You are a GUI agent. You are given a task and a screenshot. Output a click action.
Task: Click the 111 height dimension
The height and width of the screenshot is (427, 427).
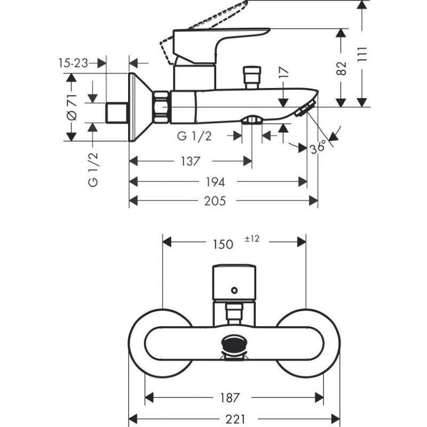(x=363, y=53)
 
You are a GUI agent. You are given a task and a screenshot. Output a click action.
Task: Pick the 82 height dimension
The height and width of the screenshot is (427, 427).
(x=342, y=67)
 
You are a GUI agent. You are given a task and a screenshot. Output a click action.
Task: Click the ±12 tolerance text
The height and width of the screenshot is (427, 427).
(x=252, y=239)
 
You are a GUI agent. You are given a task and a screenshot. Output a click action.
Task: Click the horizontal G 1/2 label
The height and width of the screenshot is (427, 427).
(x=194, y=136)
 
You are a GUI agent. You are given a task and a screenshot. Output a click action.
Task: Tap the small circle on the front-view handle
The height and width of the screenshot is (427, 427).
(x=233, y=290)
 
